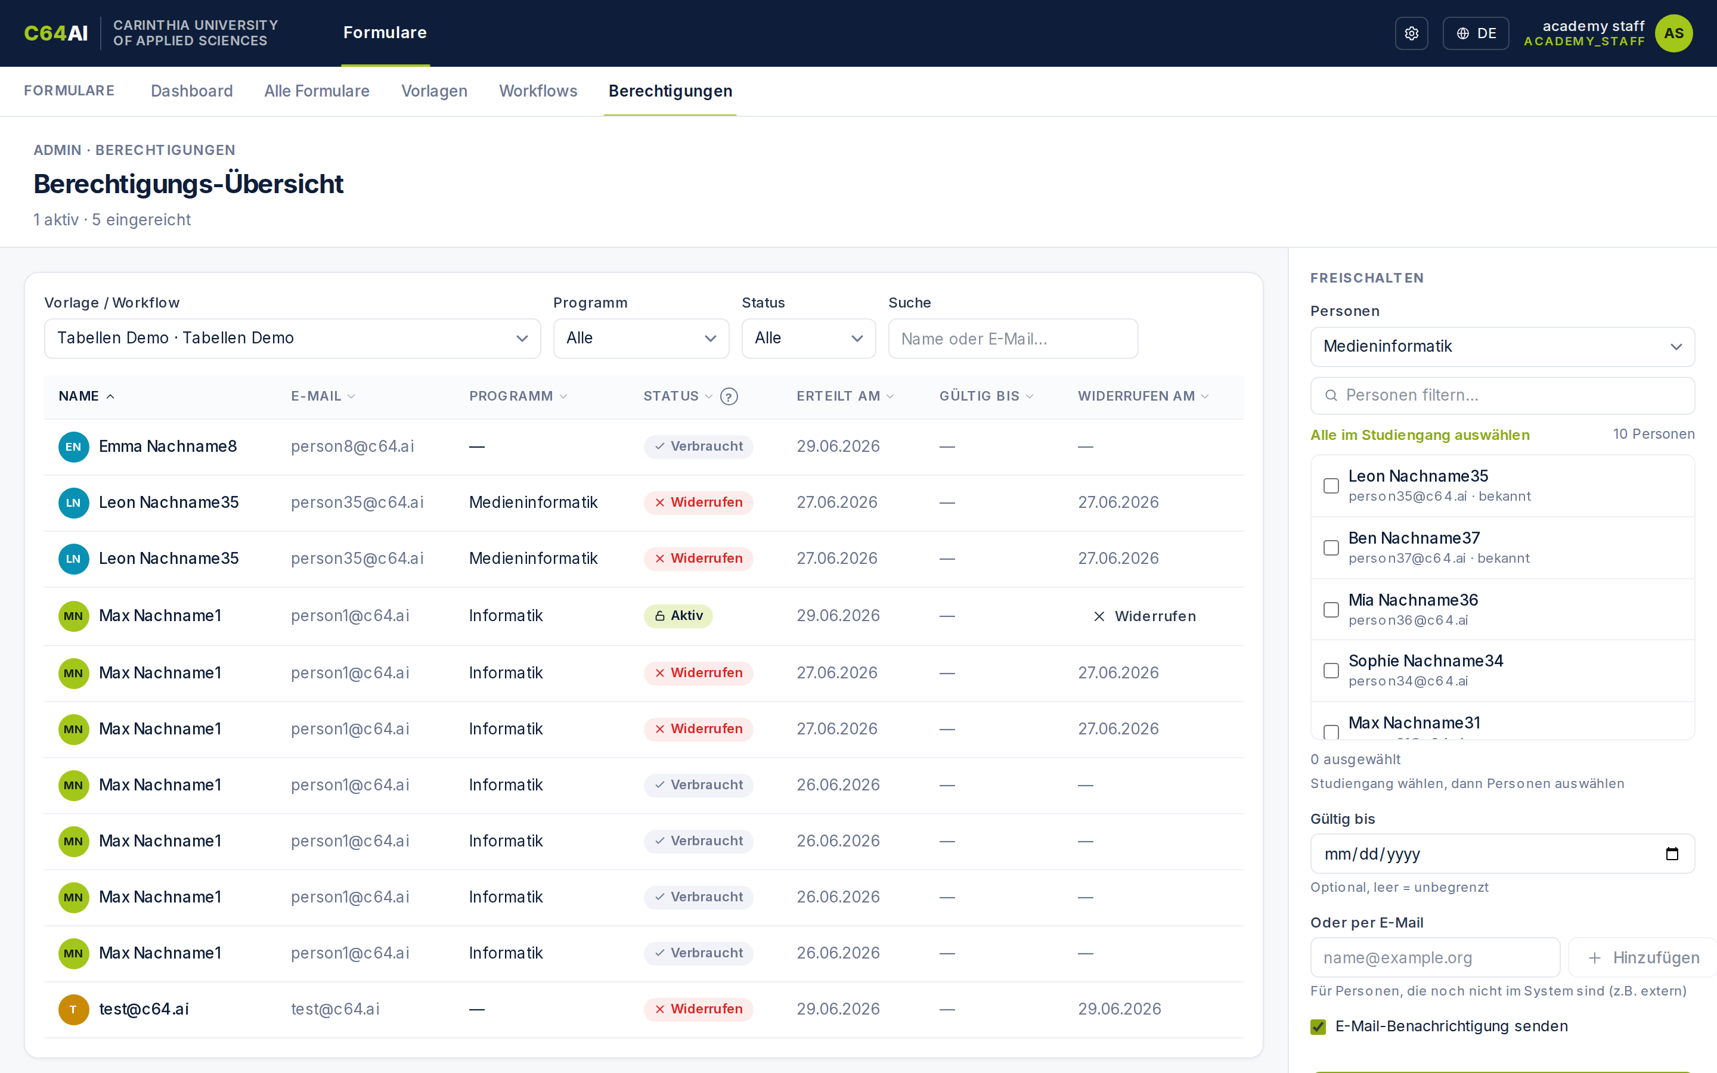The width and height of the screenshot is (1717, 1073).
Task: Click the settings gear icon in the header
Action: pos(1411,33)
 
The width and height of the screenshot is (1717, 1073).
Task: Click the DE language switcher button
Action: pos(1476,33)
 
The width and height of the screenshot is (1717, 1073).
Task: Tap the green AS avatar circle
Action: pos(1673,33)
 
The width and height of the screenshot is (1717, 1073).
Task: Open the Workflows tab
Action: pos(538,91)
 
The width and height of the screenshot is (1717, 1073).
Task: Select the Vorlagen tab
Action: pos(434,91)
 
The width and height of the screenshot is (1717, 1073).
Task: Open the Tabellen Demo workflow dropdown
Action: pos(292,339)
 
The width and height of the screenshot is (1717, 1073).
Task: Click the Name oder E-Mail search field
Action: pos(1013,339)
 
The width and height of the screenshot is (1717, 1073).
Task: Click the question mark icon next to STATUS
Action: pos(729,396)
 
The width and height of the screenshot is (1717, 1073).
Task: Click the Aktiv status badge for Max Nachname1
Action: pos(678,616)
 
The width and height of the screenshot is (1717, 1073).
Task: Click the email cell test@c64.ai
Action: pos(335,1009)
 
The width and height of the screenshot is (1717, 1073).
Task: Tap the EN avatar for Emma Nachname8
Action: pos(73,446)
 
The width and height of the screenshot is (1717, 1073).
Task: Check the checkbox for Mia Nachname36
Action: pos(1331,610)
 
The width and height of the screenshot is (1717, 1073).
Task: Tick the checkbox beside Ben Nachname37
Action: pos(1331,548)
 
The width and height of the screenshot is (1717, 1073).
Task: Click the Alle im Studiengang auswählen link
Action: pos(1420,435)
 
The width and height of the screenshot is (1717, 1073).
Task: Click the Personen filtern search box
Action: pos(1502,395)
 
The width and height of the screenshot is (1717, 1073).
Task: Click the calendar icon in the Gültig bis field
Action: pos(1672,854)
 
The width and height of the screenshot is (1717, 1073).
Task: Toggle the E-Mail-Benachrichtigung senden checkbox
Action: pos(1318,1027)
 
